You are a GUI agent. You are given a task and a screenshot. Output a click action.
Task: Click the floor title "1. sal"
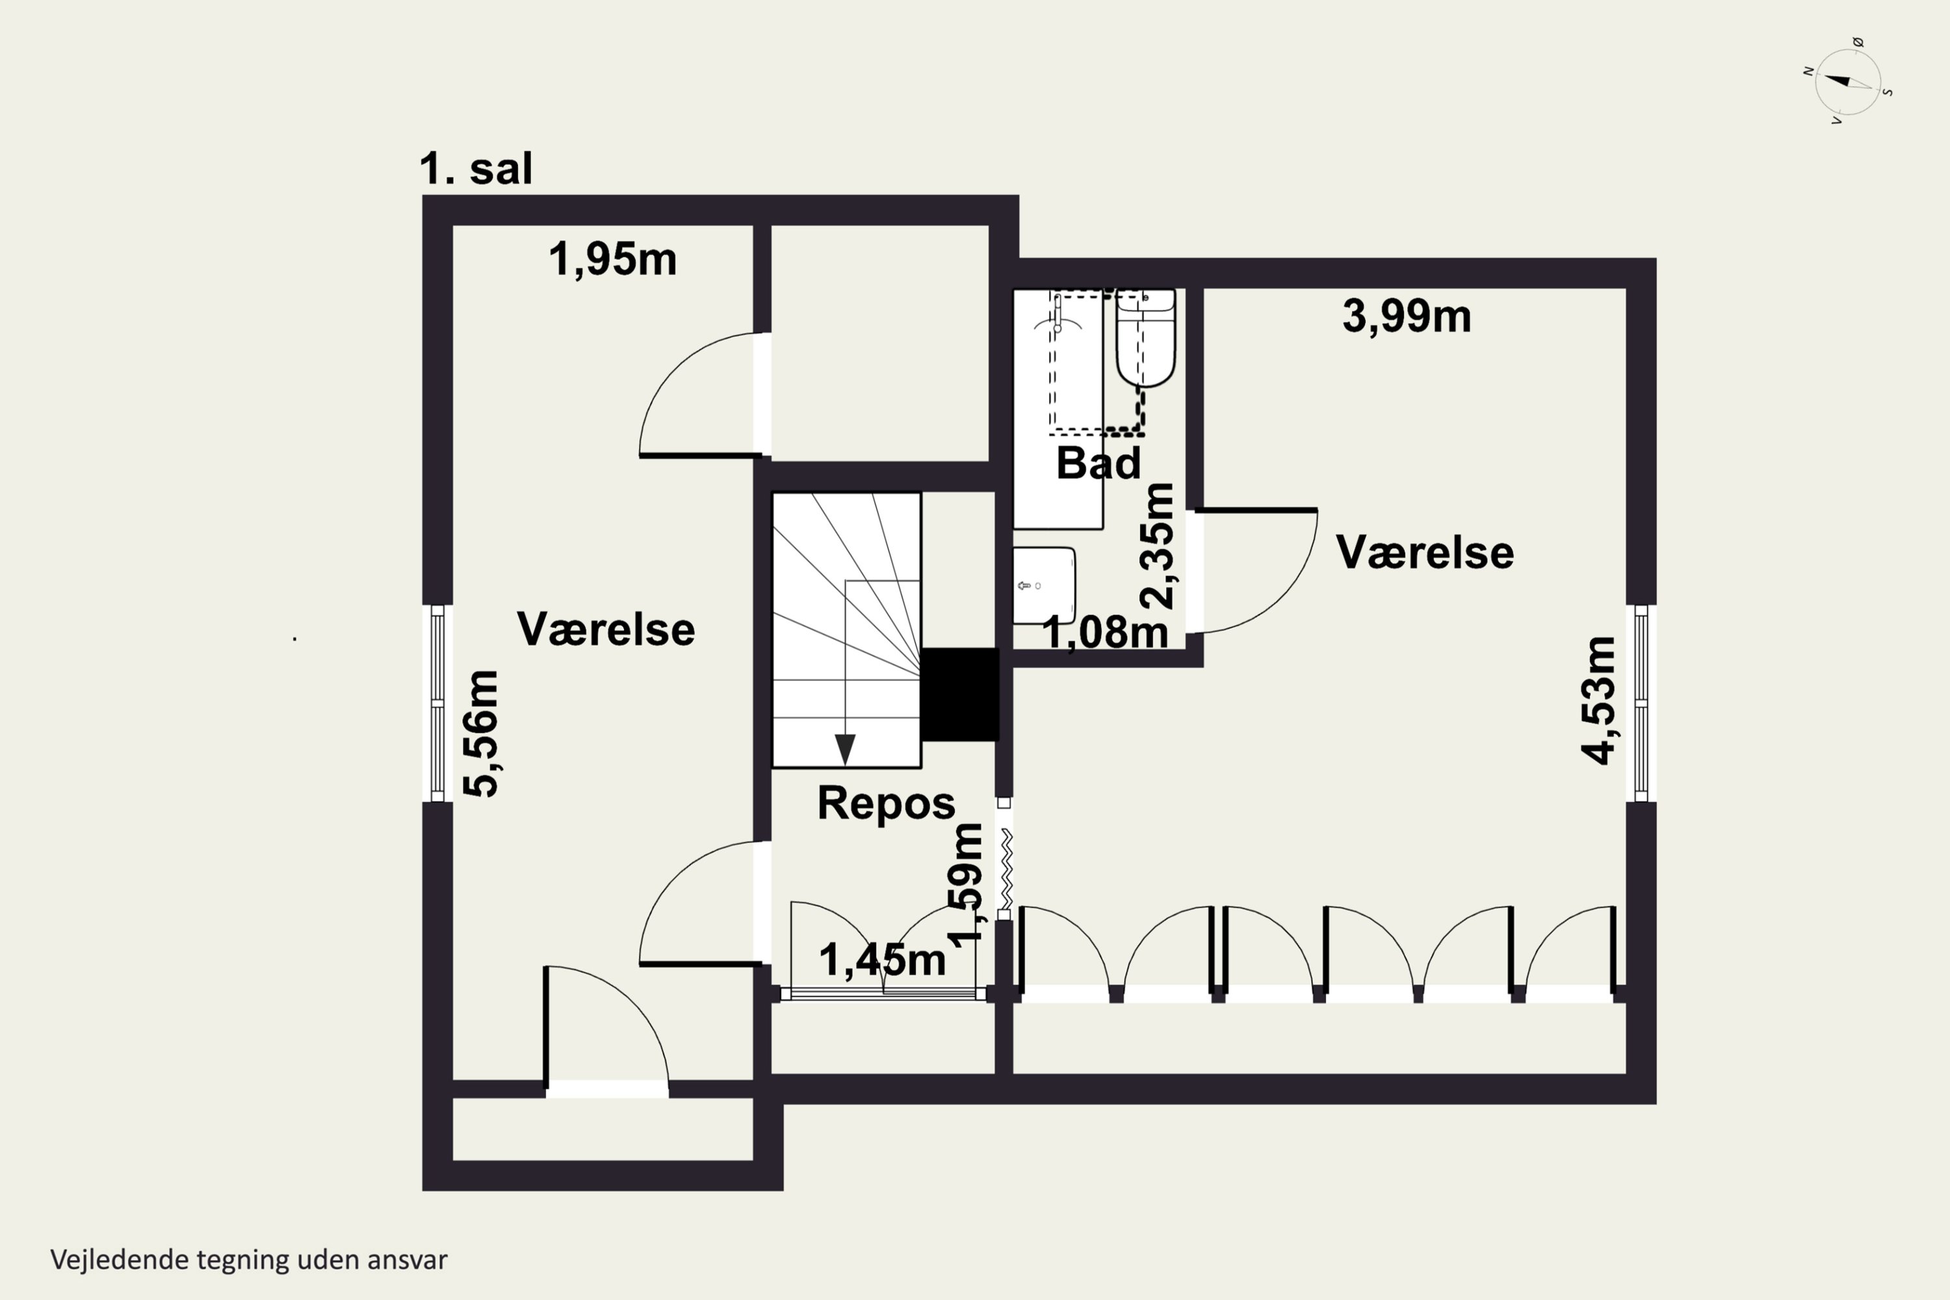[476, 168]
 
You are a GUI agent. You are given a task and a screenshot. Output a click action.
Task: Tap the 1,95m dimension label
[613, 259]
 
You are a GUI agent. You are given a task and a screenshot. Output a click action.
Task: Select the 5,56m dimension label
[481, 734]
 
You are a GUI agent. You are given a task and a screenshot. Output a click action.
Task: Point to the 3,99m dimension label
[1407, 316]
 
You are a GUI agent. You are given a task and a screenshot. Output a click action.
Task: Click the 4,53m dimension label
[1598, 700]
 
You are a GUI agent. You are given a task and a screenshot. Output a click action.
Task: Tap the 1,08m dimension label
[1105, 632]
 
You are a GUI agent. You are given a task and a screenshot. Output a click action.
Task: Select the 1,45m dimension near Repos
[882, 960]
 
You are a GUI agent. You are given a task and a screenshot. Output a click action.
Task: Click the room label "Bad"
[1098, 463]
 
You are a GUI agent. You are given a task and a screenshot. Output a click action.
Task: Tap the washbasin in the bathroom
[1044, 586]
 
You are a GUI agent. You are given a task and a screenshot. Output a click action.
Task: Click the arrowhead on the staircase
[845, 749]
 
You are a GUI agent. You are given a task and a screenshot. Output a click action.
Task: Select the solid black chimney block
[959, 694]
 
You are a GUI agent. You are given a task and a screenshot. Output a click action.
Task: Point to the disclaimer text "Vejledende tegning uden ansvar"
[249, 1260]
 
